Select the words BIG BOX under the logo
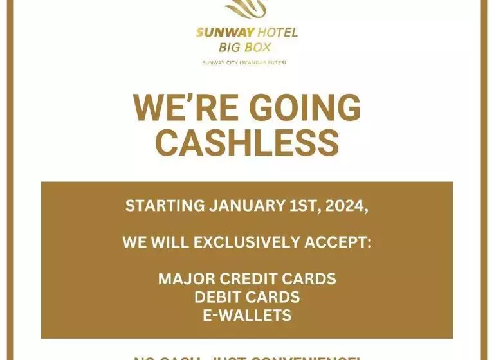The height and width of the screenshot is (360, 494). [245, 48]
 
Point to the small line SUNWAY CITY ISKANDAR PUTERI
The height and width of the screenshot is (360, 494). [244, 62]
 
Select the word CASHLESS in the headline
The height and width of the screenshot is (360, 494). [247, 142]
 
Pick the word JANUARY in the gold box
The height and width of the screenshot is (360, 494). [248, 206]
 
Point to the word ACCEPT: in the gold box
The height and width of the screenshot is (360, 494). [339, 242]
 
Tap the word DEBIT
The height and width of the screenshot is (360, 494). [219, 297]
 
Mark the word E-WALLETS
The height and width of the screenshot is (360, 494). [247, 315]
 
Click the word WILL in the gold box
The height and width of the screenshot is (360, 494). [170, 242]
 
